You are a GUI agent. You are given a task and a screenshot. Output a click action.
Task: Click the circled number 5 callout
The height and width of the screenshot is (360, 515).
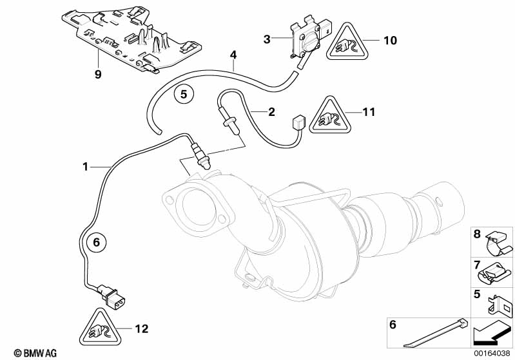point(184,94)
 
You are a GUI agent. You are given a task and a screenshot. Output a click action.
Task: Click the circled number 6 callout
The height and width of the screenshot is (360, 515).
point(95,243)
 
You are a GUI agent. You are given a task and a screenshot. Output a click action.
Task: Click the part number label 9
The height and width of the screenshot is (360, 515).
point(98,74)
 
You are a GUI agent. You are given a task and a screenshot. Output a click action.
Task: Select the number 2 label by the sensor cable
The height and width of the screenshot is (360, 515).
point(271,112)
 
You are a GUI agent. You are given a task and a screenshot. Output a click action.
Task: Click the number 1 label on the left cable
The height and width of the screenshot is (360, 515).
point(85,167)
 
